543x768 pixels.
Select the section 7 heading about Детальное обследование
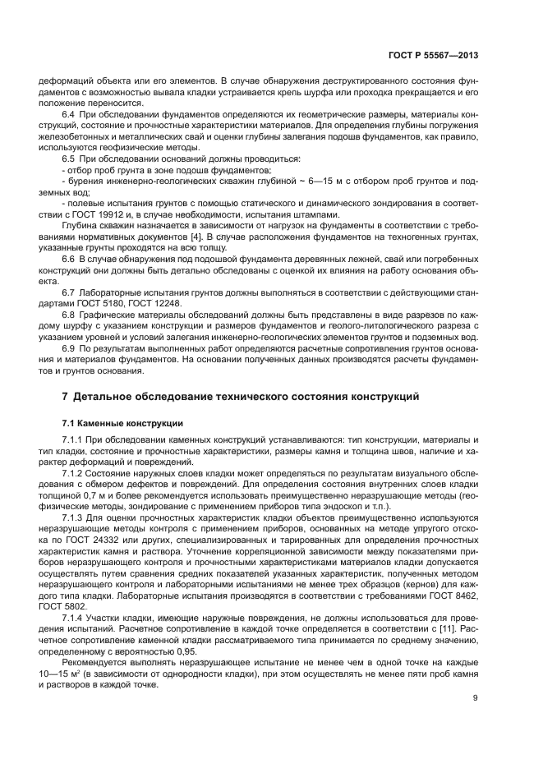click(241, 397)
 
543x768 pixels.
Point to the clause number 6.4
click(69, 113)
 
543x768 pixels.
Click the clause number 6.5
click(69, 157)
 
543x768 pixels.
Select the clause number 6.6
click(69, 258)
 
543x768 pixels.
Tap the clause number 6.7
click(69, 292)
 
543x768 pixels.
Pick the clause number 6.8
click(69, 315)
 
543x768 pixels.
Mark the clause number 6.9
click(69, 348)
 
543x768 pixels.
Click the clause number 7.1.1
click(74, 441)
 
